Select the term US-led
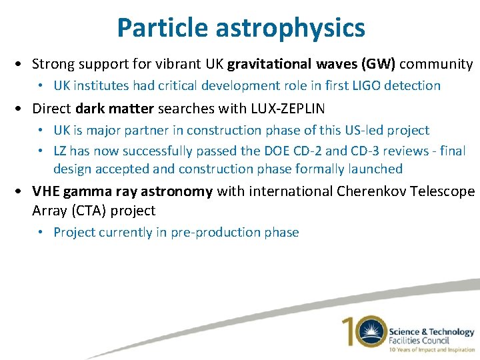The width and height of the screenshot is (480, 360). coord(363,130)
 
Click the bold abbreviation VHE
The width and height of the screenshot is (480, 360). coord(46,192)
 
